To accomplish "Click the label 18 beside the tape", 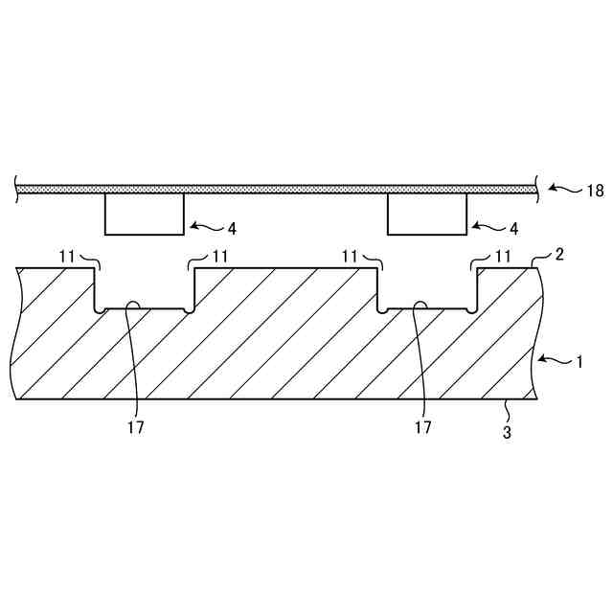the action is (595, 191).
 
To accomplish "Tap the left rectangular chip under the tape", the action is (144, 214).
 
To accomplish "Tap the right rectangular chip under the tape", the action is (427, 214).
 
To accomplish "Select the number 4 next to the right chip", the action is (514, 229).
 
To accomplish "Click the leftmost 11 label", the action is (66, 256).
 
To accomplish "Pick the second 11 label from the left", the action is (220, 256).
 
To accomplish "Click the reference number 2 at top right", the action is (560, 254).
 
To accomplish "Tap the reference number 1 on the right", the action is (578, 361).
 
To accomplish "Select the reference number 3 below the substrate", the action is (507, 432).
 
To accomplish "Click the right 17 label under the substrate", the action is (422, 428).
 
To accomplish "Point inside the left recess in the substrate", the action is (144, 290).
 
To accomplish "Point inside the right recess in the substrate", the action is (427, 290).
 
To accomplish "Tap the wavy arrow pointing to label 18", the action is (568, 190).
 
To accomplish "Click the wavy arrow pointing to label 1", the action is (555, 360).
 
